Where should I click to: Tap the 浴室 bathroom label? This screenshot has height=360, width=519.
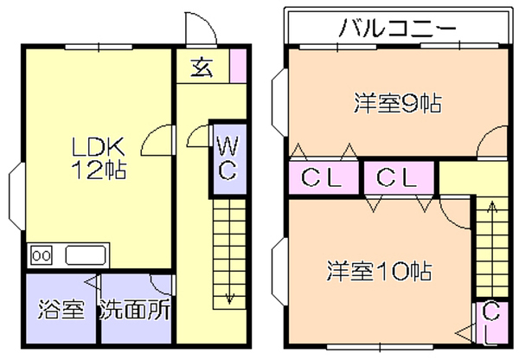(x=61, y=309)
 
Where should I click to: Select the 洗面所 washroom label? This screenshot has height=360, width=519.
(x=134, y=309)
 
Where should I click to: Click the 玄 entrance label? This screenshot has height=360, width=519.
(x=202, y=67)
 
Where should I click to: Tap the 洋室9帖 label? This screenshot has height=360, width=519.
(x=397, y=104)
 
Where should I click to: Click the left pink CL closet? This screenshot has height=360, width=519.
(x=323, y=179)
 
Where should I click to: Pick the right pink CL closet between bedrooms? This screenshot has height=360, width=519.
(x=398, y=179)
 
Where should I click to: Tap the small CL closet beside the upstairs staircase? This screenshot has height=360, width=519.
(x=490, y=321)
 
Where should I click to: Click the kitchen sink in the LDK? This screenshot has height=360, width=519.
(x=85, y=255)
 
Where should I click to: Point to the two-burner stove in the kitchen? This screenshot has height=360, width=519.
(x=42, y=255)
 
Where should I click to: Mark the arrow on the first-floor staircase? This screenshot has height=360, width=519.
(x=230, y=294)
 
